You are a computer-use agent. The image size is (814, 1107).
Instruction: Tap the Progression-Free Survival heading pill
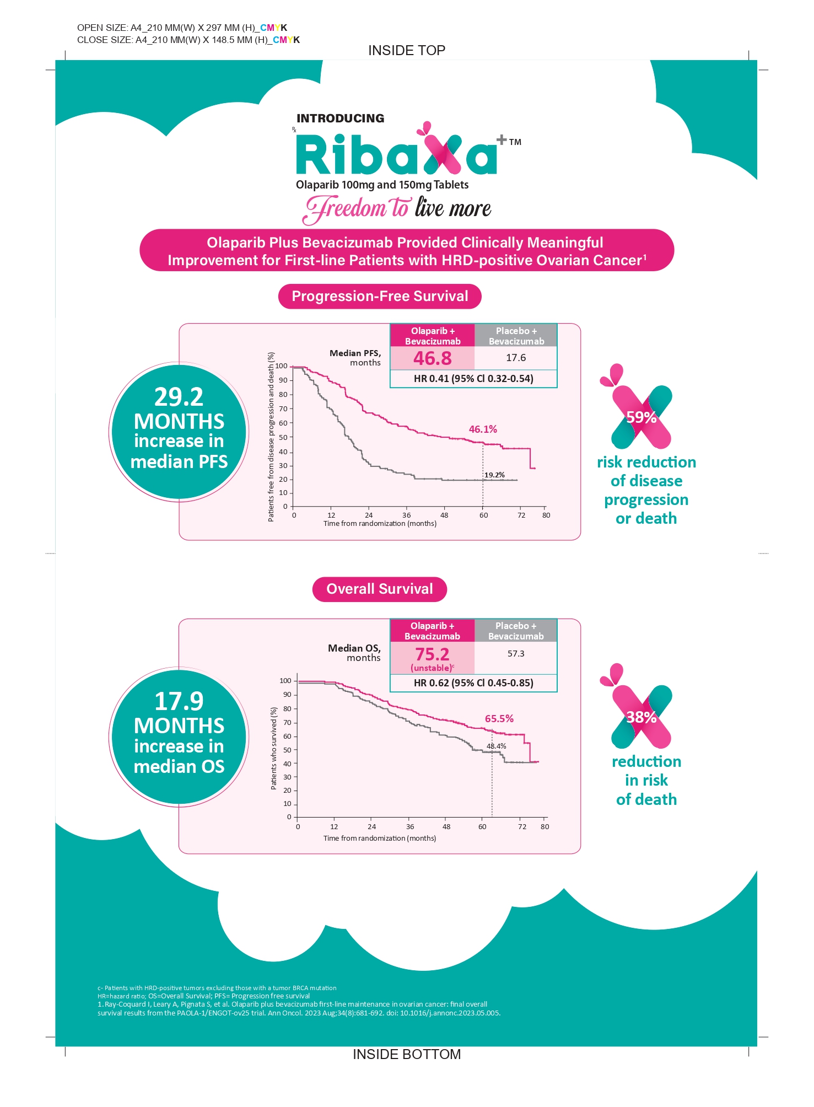tap(380, 297)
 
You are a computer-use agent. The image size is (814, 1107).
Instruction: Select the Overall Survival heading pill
tap(380, 589)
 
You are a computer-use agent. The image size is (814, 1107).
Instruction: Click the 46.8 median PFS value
tap(433, 358)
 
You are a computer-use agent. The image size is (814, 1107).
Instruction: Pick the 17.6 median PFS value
tap(516, 358)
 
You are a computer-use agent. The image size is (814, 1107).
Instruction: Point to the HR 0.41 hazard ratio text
tap(473, 379)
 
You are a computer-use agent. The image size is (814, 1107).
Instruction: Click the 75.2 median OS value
tap(433, 654)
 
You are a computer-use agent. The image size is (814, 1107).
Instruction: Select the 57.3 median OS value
tap(516, 654)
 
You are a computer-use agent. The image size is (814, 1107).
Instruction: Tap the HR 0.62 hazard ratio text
tap(473, 683)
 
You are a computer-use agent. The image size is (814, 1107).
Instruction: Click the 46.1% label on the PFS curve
tap(483, 429)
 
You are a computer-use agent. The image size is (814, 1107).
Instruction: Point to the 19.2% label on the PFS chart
tap(494, 475)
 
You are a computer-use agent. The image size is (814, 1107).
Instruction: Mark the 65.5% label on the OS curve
tap(499, 719)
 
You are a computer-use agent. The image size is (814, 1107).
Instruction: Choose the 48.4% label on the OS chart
tap(496, 746)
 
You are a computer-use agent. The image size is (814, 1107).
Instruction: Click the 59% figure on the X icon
tap(642, 417)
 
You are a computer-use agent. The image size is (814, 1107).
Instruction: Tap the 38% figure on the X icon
tap(642, 717)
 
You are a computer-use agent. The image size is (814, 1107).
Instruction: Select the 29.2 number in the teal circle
tap(179, 397)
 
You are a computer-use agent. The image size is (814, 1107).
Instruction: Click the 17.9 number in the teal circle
tap(179, 701)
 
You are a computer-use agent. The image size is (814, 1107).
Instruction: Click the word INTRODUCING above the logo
tap(341, 119)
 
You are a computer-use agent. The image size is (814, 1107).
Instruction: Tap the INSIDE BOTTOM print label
tap(407, 1055)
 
